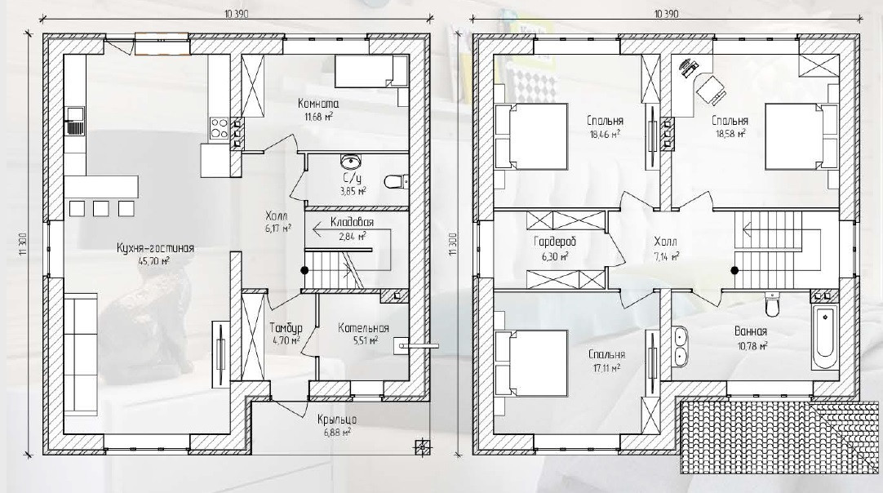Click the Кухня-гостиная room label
(155, 248)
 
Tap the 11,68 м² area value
(319, 117)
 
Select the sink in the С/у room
(352, 162)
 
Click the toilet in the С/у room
(396, 181)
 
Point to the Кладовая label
(352, 222)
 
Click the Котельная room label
(363, 328)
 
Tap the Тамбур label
(286, 328)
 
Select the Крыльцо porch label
(337, 420)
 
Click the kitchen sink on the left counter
(75, 122)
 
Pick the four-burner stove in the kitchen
(220, 128)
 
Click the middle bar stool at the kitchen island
(101, 208)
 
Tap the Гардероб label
(555, 242)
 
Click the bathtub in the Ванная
(824, 335)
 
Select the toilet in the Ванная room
(772, 304)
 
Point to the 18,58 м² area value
(730, 134)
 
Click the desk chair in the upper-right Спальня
(711, 88)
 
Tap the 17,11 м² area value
(606, 367)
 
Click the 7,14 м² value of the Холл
(665, 255)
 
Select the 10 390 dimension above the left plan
(236, 14)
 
